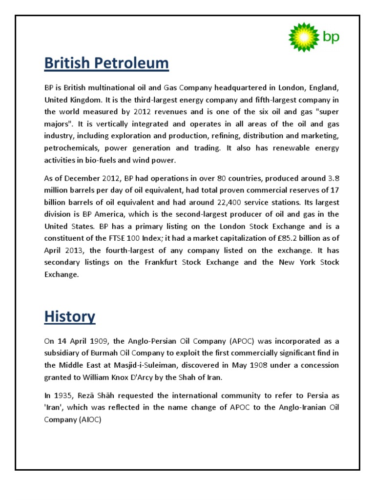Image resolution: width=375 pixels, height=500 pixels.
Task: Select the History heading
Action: tap(69, 316)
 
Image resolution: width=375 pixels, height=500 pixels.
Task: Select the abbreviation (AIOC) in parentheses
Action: tap(88, 419)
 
